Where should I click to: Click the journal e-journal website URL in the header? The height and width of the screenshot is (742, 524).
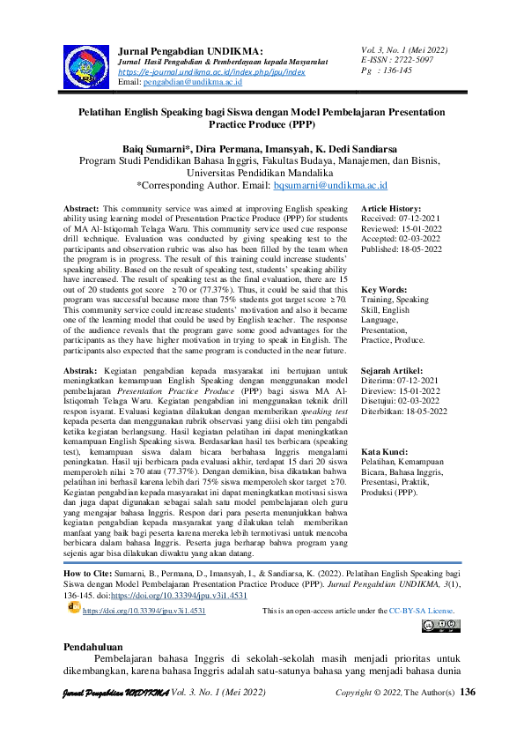coord(211,72)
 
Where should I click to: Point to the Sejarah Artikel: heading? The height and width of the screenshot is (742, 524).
coord(393,371)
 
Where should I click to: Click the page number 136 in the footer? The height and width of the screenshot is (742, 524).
coord(468,692)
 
